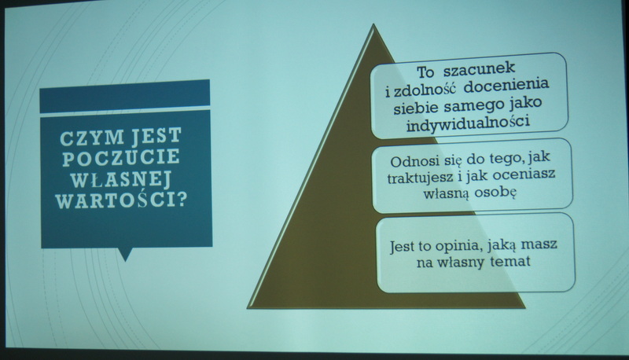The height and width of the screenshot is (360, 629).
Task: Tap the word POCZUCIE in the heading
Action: point(121,158)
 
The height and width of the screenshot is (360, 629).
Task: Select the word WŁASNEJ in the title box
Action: point(121,178)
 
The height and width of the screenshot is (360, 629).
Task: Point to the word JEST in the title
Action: point(156,136)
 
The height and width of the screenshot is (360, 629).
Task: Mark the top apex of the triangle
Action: point(373,24)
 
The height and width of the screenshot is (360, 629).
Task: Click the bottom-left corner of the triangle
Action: point(248,308)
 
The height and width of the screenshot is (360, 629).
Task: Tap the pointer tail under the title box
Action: point(126,254)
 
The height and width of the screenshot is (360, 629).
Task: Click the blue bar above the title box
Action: point(125,96)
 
